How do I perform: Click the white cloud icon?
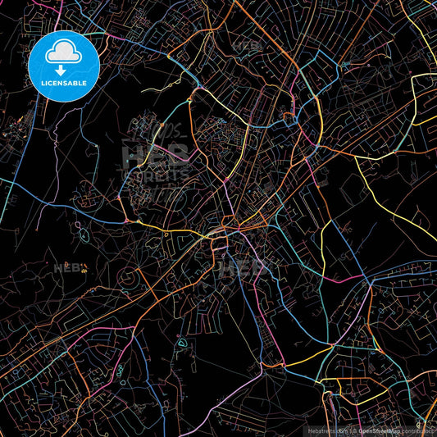pos(63,54)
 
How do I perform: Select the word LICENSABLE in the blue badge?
pos(63,82)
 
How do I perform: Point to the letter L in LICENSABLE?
pos(40,82)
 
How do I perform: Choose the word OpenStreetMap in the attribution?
pos(382,430)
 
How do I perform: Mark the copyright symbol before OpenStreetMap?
pos(354,430)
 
